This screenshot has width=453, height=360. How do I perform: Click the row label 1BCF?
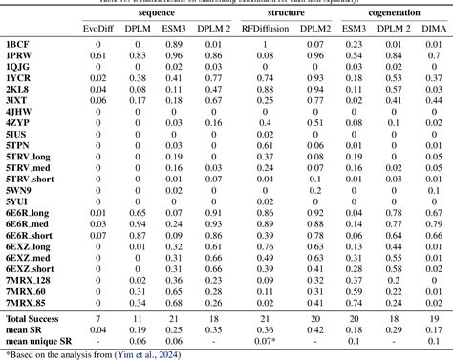point(19,45)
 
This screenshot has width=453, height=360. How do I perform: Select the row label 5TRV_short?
point(32,179)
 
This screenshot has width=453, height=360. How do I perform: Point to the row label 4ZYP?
point(19,123)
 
